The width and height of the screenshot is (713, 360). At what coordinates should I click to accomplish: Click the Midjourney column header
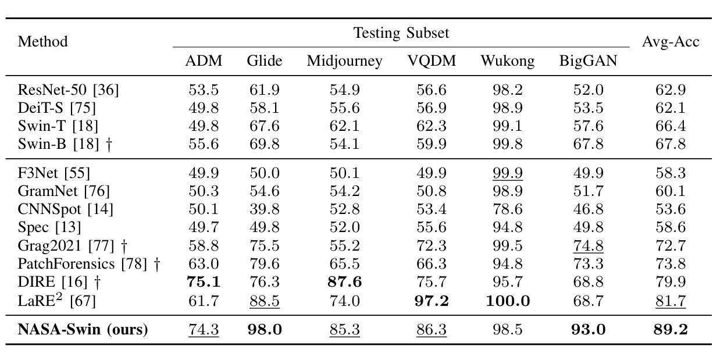pyautogui.click(x=344, y=61)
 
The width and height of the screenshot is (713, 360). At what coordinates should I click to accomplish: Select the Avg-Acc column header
pyautogui.click(x=671, y=42)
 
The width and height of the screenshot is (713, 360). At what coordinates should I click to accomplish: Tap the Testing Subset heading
pyautogui.click(x=401, y=33)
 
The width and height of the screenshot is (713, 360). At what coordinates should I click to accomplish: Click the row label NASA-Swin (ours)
pyautogui.click(x=83, y=329)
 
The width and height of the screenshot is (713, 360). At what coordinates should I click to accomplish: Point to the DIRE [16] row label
pyautogui.click(x=59, y=282)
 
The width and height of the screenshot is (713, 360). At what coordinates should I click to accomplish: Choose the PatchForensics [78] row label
pyautogui.click(x=89, y=264)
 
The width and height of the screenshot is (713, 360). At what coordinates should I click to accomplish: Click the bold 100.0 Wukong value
pyautogui.click(x=508, y=301)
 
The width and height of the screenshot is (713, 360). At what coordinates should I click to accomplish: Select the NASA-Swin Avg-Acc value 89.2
pyautogui.click(x=671, y=329)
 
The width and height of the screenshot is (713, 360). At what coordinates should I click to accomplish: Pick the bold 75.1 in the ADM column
pyautogui.click(x=204, y=282)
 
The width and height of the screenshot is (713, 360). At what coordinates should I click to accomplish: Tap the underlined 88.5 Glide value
pyautogui.click(x=265, y=301)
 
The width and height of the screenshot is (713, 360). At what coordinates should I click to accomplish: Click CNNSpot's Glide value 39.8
pyautogui.click(x=265, y=209)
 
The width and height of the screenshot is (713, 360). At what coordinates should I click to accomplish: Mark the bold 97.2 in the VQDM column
pyautogui.click(x=432, y=301)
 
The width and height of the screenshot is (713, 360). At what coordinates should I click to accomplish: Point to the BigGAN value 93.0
pyautogui.click(x=588, y=329)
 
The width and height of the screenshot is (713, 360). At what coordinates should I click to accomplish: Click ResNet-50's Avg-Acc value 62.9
pyautogui.click(x=671, y=90)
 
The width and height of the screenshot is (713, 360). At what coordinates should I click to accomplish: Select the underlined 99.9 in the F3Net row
pyautogui.click(x=508, y=173)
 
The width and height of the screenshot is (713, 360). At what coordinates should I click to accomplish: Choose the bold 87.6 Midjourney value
pyautogui.click(x=345, y=282)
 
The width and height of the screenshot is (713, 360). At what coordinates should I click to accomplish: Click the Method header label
pyautogui.click(x=42, y=42)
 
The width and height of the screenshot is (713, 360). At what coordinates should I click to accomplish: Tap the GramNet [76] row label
pyautogui.click(x=63, y=191)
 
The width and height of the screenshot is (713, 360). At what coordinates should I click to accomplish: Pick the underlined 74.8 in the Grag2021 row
pyautogui.click(x=588, y=246)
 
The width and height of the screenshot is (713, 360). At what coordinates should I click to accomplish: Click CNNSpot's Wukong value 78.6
pyautogui.click(x=508, y=209)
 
